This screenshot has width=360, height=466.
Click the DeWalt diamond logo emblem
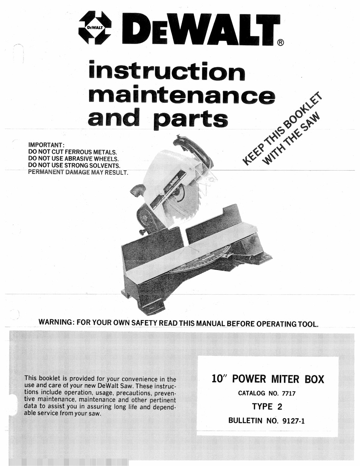point(95,28)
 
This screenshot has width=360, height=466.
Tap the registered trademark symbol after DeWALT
point(280,42)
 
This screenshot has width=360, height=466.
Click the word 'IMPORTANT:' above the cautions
point(47,145)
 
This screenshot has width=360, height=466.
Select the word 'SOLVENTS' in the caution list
point(105,166)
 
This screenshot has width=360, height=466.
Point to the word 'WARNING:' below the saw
point(56,323)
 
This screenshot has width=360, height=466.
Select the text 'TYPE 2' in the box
point(267,407)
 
